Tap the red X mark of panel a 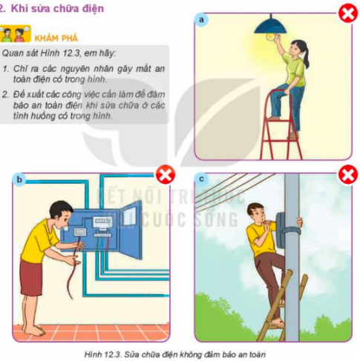click(347, 13)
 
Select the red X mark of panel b click(165, 176)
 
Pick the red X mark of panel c click(347, 175)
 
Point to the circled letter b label click(19, 179)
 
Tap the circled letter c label click(202, 179)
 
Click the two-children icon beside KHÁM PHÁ click(14, 35)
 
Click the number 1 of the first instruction click(6, 68)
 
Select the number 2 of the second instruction click(6, 94)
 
